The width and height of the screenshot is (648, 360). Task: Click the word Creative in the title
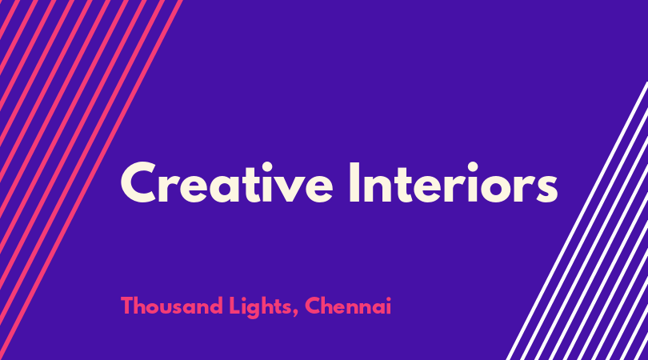(x=226, y=182)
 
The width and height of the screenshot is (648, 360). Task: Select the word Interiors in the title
(x=454, y=182)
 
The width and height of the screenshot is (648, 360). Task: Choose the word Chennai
(x=347, y=306)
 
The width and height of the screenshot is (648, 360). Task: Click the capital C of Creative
(x=138, y=182)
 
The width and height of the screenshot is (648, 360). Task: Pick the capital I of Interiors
(x=354, y=182)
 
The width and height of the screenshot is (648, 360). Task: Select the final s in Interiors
(x=546, y=189)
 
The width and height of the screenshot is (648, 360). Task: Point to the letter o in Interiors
(x=496, y=189)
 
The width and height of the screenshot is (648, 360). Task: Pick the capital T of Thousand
(x=127, y=306)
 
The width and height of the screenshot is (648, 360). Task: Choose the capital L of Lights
(x=234, y=306)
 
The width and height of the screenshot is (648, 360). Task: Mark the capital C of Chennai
(x=314, y=306)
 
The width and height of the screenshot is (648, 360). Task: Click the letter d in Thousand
(x=215, y=306)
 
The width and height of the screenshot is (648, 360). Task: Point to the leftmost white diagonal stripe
(x=578, y=221)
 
